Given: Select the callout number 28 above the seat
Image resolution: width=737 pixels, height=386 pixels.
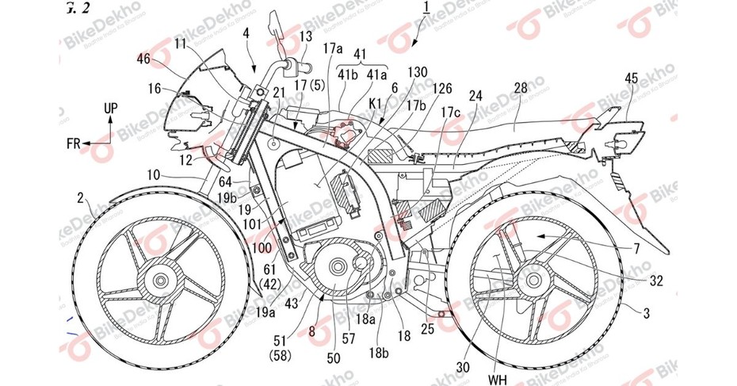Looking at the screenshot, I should point(520,86).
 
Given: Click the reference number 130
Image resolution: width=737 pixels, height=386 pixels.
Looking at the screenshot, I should point(418,72).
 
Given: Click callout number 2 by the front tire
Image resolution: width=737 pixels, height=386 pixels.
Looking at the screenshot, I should point(82,197).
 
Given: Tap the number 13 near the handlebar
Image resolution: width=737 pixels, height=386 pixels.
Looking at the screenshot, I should point(306,36).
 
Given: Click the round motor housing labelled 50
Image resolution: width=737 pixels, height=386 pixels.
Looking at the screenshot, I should point(333,277).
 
